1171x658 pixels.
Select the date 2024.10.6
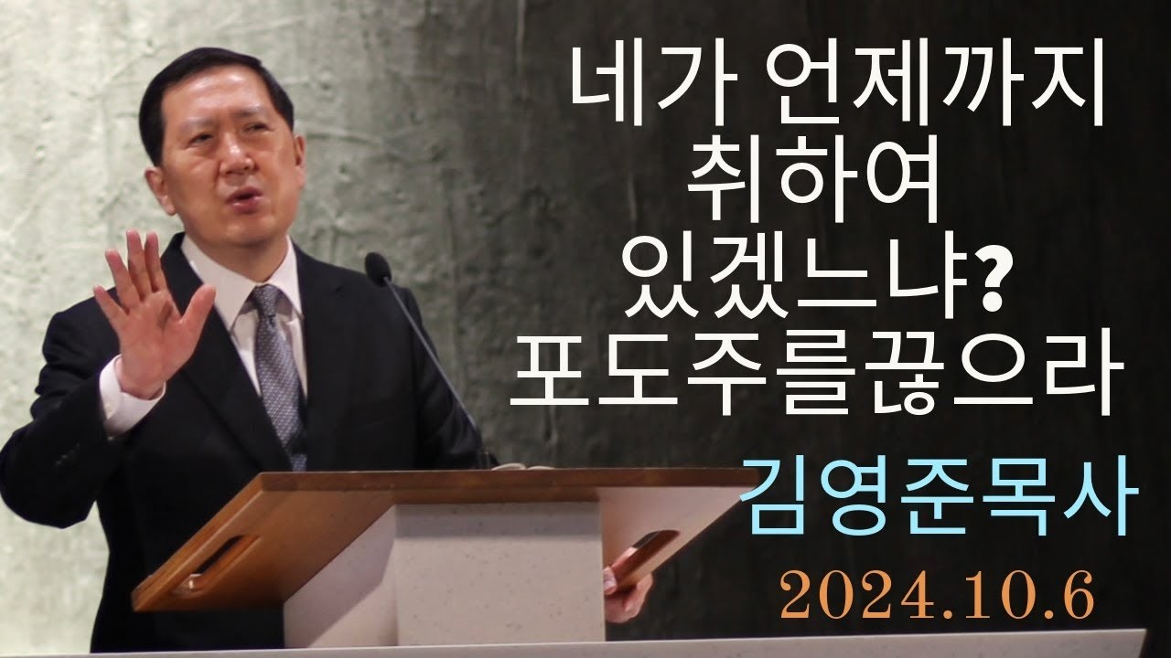tap(938, 597)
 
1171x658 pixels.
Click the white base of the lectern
tap(457, 585)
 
